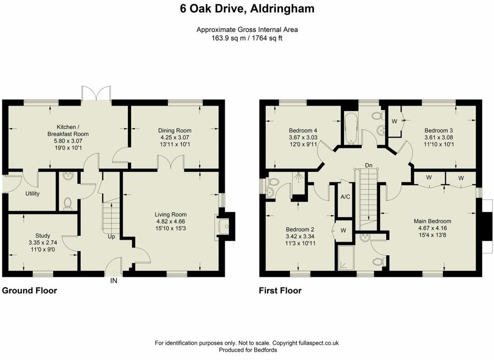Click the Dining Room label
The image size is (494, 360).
click(175, 130)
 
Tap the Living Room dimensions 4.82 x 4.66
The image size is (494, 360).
click(170, 222)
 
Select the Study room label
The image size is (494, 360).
click(42, 236)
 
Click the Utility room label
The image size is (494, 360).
click(32, 194)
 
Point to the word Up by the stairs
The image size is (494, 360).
click(111, 236)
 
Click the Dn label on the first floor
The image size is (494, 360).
click(369, 165)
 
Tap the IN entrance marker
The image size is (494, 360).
click(113, 280)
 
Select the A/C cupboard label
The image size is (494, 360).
click(345, 197)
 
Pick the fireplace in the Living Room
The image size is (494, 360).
click(225, 226)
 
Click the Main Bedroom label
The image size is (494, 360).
click(432, 222)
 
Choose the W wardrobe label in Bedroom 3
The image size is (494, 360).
click(394, 121)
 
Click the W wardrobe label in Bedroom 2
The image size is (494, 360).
click(343, 231)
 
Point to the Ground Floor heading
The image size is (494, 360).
click(29, 291)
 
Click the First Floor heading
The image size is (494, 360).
click(280, 291)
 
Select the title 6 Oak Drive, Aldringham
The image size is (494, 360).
click(247, 9)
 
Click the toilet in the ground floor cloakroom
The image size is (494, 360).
click(68, 204)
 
